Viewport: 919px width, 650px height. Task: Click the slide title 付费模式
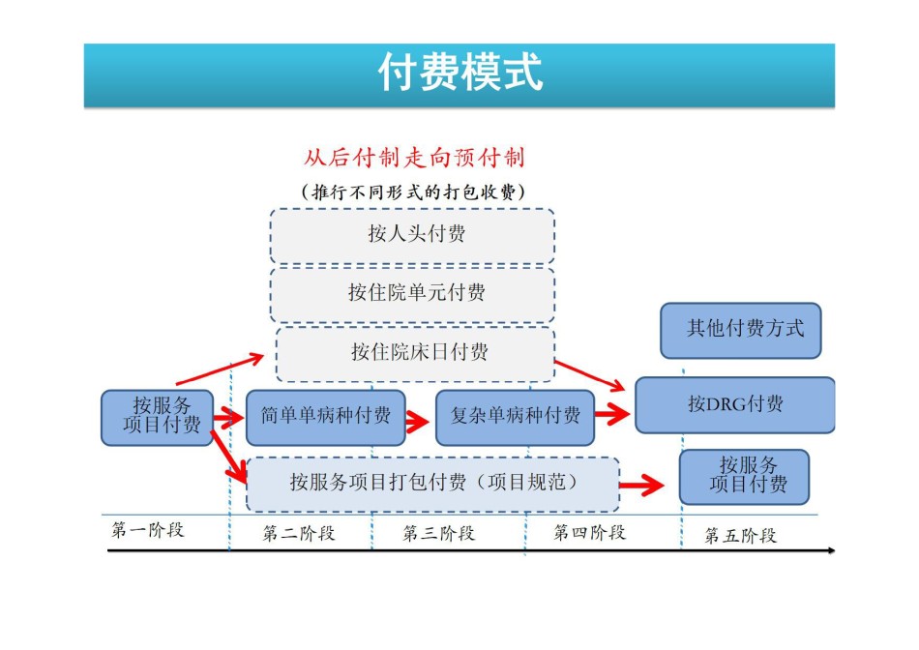click(460, 73)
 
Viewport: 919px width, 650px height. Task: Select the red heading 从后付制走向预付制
click(414, 158)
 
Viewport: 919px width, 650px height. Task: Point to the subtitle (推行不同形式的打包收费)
click(413, 192)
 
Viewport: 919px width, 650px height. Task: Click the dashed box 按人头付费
click(412, 235)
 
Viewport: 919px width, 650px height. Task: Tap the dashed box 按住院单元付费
click(412, 295)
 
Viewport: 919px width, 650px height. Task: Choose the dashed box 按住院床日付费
click(415, 354)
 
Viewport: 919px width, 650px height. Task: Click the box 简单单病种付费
click(326, 417)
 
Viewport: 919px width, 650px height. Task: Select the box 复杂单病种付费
click(516, 417)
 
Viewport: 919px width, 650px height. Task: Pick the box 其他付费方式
click(741, 331)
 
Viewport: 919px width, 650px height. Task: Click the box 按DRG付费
click(735, 405)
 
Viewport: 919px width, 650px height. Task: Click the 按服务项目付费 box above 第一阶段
click(157, 417)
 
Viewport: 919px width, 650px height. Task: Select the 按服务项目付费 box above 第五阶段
click(744, 477)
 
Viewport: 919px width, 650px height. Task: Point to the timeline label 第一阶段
click(148, 530)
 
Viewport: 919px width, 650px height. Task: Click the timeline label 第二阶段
click(299, 533)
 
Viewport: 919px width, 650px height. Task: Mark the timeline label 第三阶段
click(439, 533)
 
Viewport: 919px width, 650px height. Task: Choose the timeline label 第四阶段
click(590, 532)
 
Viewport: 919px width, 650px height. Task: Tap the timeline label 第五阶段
click(740, 535)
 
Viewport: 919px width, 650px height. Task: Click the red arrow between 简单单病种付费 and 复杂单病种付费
click(417, 420)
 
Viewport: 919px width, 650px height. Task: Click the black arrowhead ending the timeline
click(831, 550)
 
